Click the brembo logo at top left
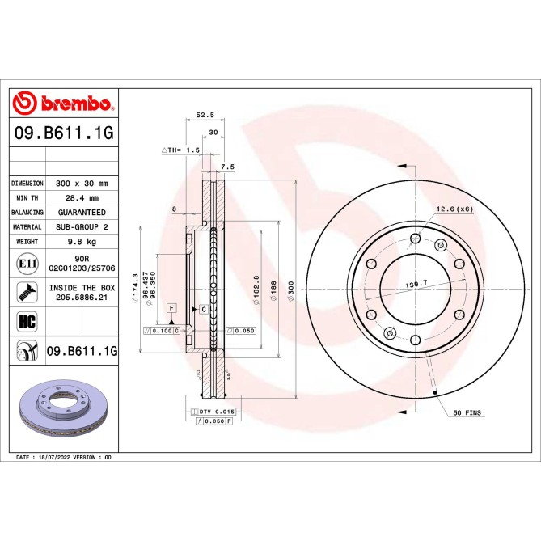[x=63, y=104]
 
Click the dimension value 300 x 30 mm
[x=82, y=184]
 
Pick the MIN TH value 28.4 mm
[x=82, y=198]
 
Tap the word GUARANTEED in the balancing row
[x=82, y=213]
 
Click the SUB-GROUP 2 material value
[x=82, y=227]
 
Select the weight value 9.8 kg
[x=82, y=242]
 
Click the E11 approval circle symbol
[x=25, y=263]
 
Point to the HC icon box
[x=25, y=321]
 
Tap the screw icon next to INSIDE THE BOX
[x=25, y=292]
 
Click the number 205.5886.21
[x=82, y=298]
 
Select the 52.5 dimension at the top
[x=205, y=116]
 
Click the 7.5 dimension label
[x=227, y=167]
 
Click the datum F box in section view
[x=171, y=308]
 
